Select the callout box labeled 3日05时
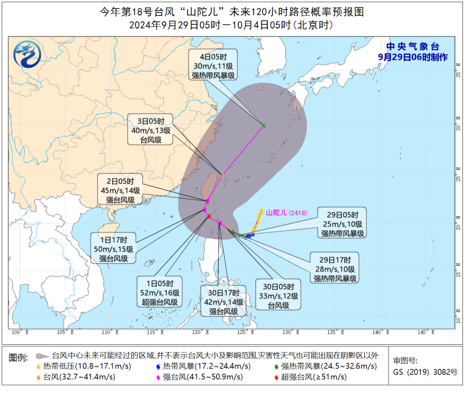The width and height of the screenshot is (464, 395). pyautogui.click(x=151, y=131)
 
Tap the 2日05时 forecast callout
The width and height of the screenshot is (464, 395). pyautogui.click(x=120, y=191)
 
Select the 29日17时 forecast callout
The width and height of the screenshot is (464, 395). pyautogui.click(x=335, y=269)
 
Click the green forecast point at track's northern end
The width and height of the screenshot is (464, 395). pyautogui.click(x=264, y=125)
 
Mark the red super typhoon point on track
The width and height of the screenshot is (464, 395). pyautogui.click(x=209, y=217)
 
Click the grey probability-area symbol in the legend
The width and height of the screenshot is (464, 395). pyautogui.click(x=40, y=355)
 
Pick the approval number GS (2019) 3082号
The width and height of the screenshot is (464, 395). pyautogui.click(x=425, y=371)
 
